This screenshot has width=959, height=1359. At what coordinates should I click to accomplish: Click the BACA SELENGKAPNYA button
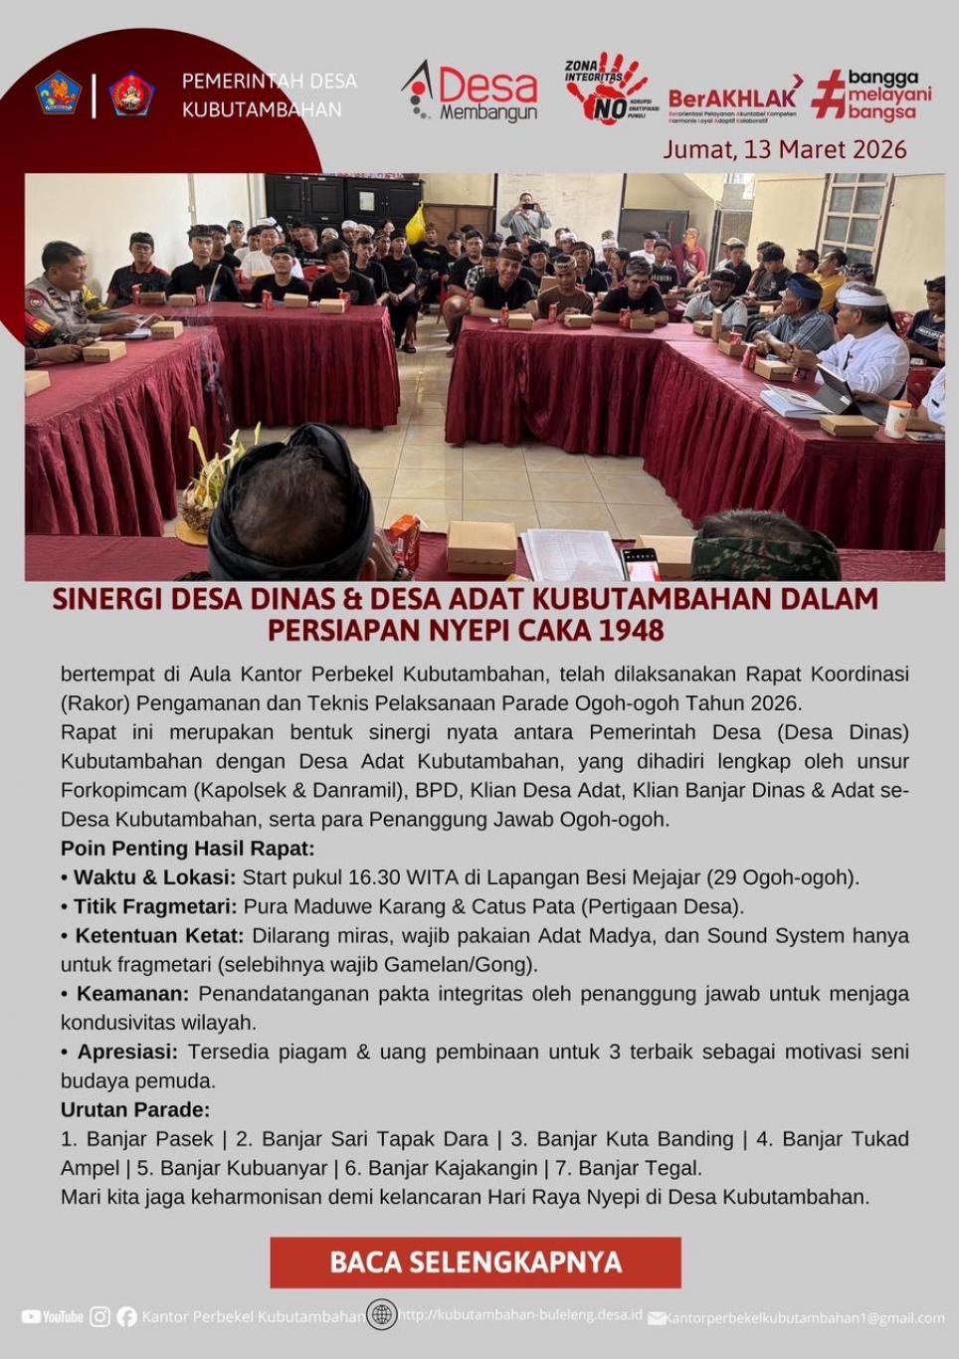click(476, 1262)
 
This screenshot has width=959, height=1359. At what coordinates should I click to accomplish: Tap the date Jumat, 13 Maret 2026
click(785, 150)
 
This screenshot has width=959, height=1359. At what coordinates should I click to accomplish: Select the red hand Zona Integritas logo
click(608, 89)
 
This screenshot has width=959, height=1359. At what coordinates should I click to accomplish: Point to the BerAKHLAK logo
click(734, 97)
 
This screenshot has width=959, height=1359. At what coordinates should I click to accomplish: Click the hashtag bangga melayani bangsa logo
click(872, 95)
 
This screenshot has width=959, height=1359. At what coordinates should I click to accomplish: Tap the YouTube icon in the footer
click(53, 1316)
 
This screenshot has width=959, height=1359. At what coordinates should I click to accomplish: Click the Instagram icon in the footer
click(100, 1316)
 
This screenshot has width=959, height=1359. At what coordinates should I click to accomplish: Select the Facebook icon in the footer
click(126, 1316)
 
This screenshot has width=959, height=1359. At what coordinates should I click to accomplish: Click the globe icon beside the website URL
click(381, 1314)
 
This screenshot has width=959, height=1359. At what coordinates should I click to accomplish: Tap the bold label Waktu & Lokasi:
click(154, 877)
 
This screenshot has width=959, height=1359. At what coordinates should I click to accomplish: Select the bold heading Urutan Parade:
click(135, 1109)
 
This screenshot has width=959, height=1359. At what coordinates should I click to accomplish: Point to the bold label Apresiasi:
click(127, 1052)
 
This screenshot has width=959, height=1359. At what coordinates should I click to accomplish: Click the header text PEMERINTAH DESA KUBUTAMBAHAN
click(269, 96)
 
